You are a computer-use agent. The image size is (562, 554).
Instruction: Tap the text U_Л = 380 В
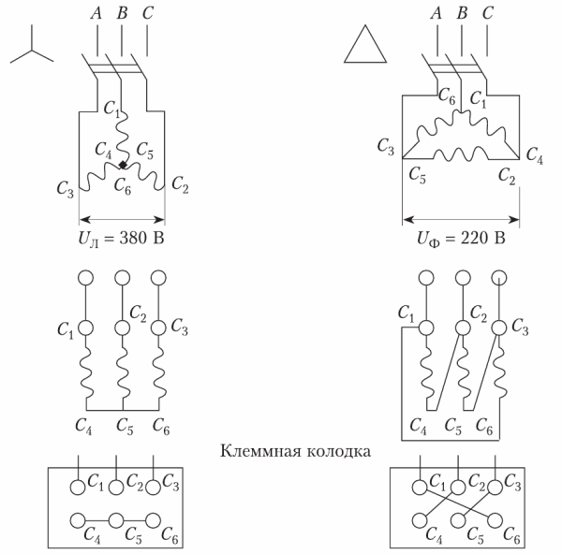click(122, 241)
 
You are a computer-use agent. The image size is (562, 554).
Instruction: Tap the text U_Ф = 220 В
click(461, 241)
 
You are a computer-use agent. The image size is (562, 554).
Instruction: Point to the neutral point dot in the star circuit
click(123, 166)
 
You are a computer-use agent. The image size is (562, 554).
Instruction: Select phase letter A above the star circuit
click(96, 13)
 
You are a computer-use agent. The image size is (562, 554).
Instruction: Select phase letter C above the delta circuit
click(486, 13)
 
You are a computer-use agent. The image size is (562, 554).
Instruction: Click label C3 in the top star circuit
click(64, 191)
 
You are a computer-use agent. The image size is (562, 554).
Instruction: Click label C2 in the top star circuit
click(181, 191)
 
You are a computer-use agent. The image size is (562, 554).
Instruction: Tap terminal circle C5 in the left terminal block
click(115, 519)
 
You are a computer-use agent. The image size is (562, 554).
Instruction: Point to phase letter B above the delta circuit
click(461, 13)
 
